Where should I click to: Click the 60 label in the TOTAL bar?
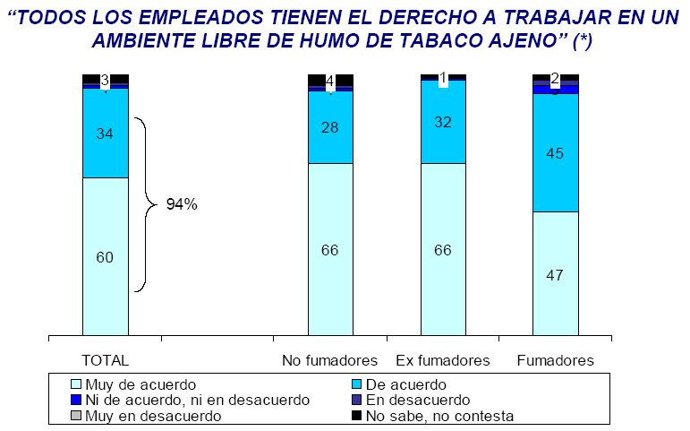[105, 257]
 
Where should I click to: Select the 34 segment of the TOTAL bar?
[105, 134]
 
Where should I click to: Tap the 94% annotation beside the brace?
[182, 204]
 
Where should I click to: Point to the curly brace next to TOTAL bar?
[145, 204]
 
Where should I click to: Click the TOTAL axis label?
[106, 360]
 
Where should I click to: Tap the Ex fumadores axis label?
[442, 360]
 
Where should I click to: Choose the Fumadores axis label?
[556, 360]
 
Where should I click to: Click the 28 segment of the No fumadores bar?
[330, 127]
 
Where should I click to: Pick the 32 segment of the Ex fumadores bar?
[443, 123]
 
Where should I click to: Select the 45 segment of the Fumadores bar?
[555, 152]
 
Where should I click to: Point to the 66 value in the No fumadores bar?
[330, 249]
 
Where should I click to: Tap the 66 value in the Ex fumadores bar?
[443, 249]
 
